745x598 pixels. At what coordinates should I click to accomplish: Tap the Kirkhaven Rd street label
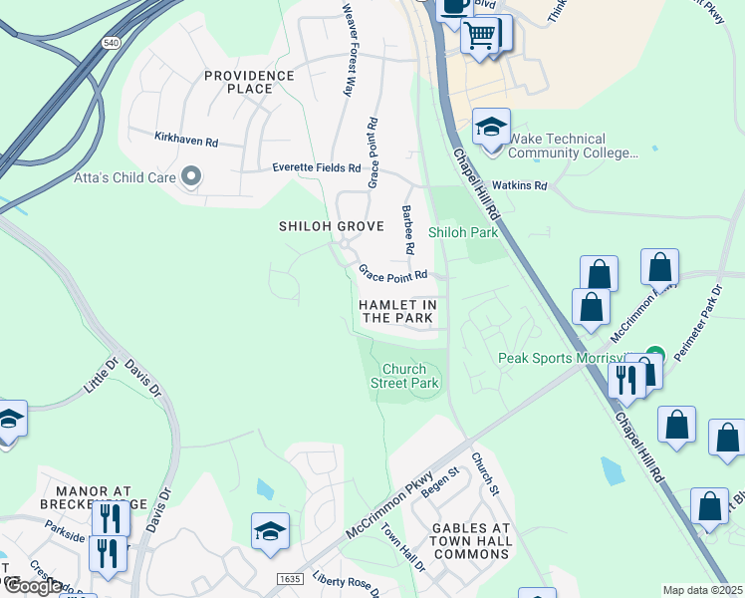pos(186,141)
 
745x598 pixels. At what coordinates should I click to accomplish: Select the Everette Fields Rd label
pos(316,168)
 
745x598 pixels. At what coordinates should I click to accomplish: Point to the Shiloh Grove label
pos(330,226)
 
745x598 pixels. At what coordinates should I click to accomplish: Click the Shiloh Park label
pos(463,232)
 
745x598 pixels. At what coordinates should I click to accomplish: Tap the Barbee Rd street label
pos(406,228)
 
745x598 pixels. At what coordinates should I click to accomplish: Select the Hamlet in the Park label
pos(397,311)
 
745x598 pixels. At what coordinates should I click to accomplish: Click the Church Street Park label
pos(404,376)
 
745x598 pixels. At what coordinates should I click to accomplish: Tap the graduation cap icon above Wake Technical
pos(491,128)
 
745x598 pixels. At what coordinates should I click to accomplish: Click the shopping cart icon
pos(480,35)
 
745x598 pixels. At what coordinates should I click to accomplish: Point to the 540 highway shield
pos(111,43)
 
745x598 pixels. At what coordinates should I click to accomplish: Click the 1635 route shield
pos(288,578)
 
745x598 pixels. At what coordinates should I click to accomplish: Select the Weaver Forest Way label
pos(348,50)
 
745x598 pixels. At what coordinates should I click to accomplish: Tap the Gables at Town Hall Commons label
pos(472,541)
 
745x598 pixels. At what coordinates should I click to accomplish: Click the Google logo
pos(33,586)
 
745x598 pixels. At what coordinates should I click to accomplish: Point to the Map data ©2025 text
pos(702,590)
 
